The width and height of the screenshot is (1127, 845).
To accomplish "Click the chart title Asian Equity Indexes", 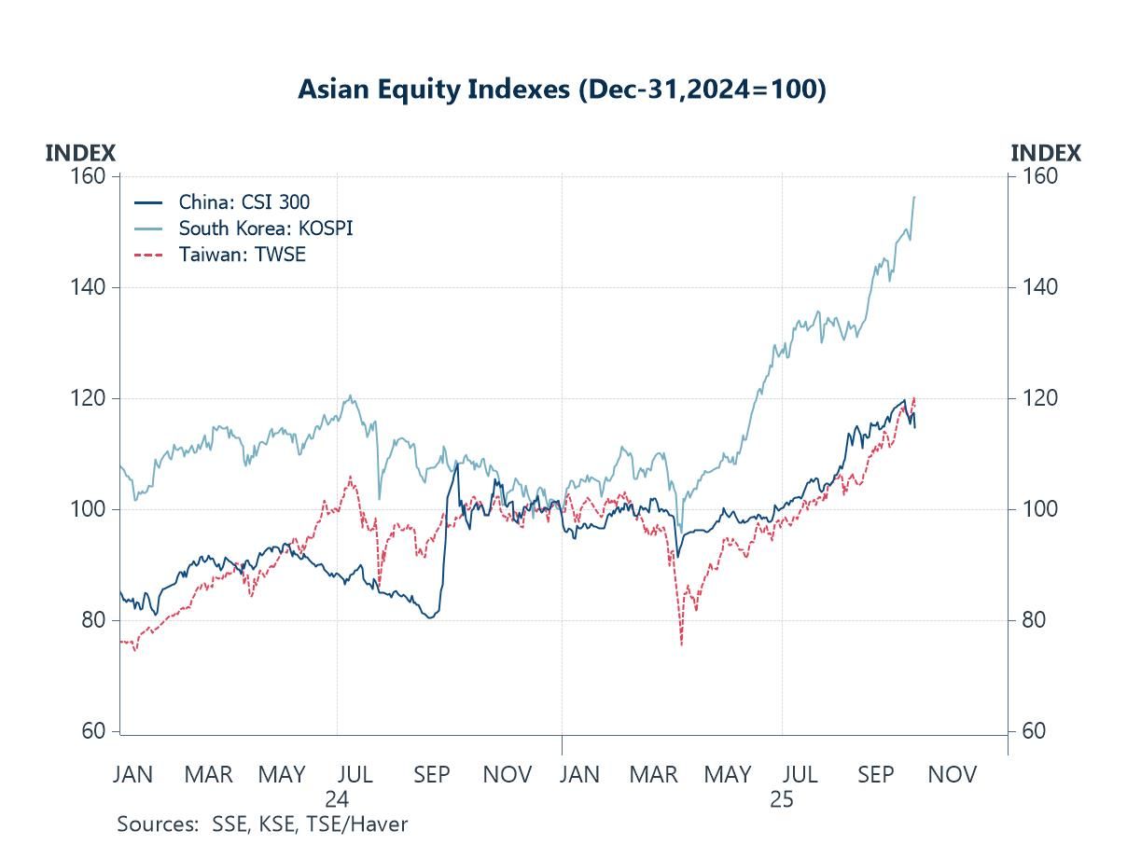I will tap(562, 90).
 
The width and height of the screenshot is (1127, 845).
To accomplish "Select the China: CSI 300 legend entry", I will tap(244, 201).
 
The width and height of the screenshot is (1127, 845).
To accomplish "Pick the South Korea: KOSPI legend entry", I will tap(266, 228).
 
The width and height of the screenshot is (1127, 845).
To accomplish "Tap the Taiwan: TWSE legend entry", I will tap(243, 254).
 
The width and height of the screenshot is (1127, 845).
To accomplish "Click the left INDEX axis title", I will tap(80, 153).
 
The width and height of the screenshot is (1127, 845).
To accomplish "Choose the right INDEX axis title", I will tap(1046, 153).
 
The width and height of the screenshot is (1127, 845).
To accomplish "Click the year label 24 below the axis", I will tap(337, 799).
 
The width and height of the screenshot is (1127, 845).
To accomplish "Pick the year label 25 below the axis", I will tap(782, 799).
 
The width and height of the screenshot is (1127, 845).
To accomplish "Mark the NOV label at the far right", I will tap(953, 774).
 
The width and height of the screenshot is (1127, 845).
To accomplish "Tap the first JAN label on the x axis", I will tap(132, 774).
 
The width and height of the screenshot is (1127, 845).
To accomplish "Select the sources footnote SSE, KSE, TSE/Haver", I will tap(262, 824).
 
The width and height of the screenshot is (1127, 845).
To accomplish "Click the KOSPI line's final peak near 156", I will tap(914, 197).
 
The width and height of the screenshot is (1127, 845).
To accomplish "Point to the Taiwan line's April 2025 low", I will tap(682, 644).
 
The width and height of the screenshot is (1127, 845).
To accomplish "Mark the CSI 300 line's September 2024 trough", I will tap(429, 617).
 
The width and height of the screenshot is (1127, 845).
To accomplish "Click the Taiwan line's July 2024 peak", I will tap(350, 477).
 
